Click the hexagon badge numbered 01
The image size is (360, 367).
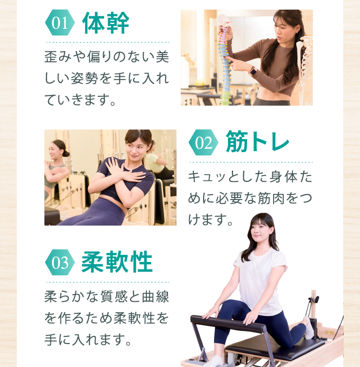[x=60, y=23]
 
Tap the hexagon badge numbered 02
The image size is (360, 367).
[x=204, y=142]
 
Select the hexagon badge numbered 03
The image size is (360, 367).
[x=60, y=262]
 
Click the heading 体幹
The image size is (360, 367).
[x=106, y=23]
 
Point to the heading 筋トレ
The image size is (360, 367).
[x=258, y=142]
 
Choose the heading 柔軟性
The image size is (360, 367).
[x=117, y=261]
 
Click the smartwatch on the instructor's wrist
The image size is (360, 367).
[x=253, y=71]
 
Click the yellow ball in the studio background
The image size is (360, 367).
[x=200, y=83]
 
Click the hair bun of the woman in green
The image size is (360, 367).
[x=66, y=154]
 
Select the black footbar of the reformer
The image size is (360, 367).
[x=228, y=324]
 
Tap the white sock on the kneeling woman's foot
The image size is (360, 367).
[x=309, y=327]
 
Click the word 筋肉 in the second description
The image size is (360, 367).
[x=271, y=198]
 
